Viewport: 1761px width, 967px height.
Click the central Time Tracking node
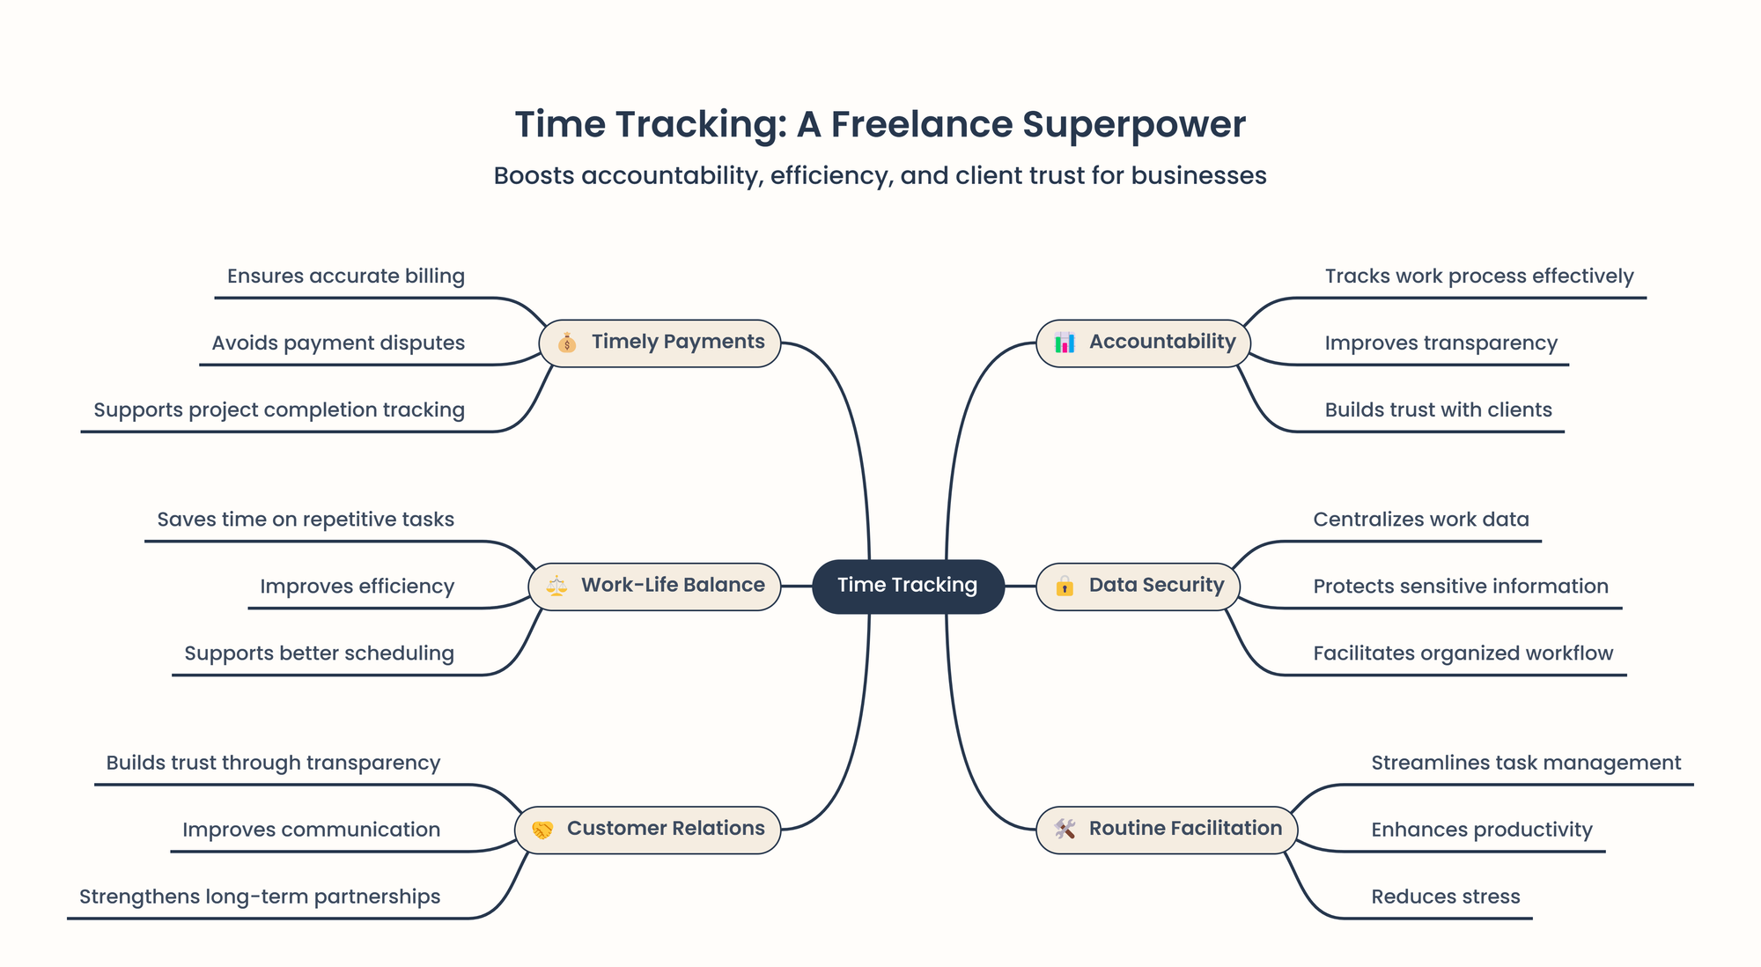click(908, 586)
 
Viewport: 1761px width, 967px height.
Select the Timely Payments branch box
click(659, 343)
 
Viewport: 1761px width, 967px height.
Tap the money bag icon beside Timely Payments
click(567, 343)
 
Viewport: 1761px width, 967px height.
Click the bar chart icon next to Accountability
click(1065, 343)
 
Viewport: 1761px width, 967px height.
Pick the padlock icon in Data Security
click(1065, 586)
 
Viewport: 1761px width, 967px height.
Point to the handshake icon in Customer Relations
click(542, 830)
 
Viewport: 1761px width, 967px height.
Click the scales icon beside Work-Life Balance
click(556, 586)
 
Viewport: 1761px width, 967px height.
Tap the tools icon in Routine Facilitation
click(1065, 830)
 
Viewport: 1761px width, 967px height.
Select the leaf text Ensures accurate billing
click(346, 277)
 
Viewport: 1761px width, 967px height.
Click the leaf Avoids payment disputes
click(338, 343)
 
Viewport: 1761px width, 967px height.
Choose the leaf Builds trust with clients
click(1439, 410)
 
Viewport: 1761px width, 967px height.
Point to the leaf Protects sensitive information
click(1461, 587)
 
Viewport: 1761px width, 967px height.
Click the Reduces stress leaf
click(1446, 897)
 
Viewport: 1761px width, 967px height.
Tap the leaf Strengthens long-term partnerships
click(260, 897)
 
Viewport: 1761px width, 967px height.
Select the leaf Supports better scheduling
click(320, 653)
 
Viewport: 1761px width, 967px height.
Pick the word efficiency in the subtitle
click(829, 176)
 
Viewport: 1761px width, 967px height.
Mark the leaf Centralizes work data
click(1421, 520)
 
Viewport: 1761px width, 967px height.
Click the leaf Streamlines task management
click(1526, 763)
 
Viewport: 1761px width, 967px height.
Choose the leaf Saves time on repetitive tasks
click(306, 520)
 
